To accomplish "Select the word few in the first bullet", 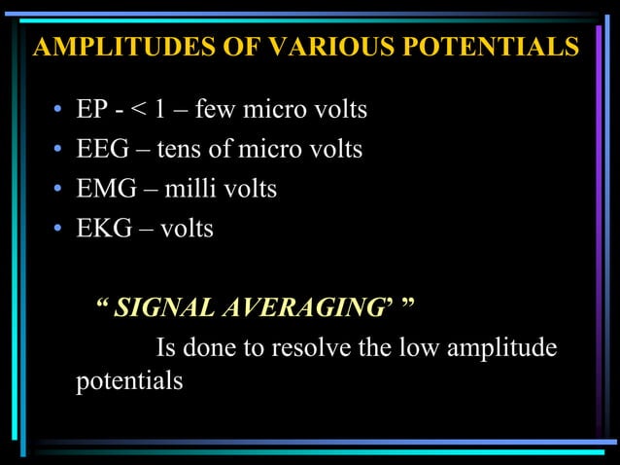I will pyautogui.click(x=215, y=110).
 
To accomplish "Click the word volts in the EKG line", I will pyautogui.click(x=187, y=229).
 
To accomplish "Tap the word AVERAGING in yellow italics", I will pyautogui.click(x=291, y=308).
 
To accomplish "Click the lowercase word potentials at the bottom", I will pyautogui.click(x=129, y=381).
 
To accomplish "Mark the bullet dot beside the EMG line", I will pyautogui.click(x=59, y=190).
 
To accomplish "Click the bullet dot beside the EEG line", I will pyautogui.click(x=59, y=151).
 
